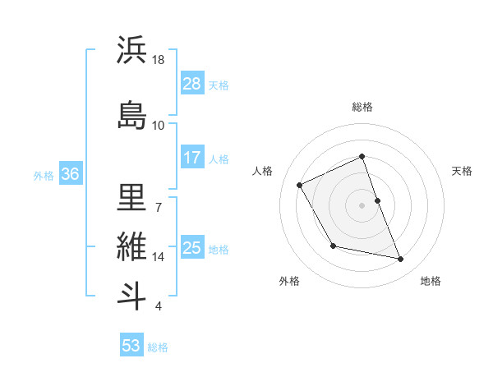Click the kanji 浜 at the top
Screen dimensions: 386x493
click(x=131, y=50)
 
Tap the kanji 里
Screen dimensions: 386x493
click(x=131, y=196)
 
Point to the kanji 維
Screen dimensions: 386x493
click(x=131, y=246)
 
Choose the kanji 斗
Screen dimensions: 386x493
click(x=131, y=295)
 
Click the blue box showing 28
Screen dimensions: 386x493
click(x=192, y=84)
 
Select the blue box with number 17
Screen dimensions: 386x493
click(x=192, y=158)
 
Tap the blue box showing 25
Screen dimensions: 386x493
click(x=192, y=248)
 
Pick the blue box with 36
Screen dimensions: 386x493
click(x=71, y=174)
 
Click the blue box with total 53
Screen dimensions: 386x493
click(x=131, y=346)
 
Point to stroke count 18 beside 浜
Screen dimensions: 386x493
click(x=159, y=60)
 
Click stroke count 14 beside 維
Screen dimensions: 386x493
click(x=159, y=257)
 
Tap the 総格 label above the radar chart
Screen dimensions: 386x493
click(x=362, y=107)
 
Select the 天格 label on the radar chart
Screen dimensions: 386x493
click(x=463, y=171)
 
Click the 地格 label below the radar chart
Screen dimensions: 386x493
click(x=431, y=281)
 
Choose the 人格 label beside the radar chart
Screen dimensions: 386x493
click(x=263, y=171)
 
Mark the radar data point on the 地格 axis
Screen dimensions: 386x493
click(x=401, y=260)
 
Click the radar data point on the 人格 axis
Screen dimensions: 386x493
click(x=300, y=185)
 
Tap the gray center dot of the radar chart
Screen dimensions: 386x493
click(x=362, y=204)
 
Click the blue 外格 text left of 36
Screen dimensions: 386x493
click(x=44, y=175)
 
